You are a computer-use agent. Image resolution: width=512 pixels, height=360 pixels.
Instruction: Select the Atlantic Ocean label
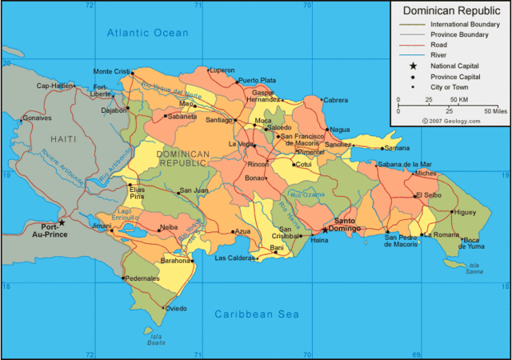(148, 33)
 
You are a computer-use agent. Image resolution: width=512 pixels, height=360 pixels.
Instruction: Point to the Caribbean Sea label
(256, 314)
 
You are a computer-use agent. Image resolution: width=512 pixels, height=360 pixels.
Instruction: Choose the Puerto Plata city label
(257, 80)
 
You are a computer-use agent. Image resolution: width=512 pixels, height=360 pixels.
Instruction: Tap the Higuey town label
(463, 212)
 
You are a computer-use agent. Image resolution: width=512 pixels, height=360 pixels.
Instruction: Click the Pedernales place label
(141, 278)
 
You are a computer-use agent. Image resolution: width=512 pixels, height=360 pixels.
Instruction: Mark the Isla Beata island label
(157, 340)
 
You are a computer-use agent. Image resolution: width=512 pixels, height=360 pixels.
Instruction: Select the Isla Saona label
(475, 268)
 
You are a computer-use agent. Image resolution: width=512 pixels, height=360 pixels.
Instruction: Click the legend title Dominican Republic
(450, 11)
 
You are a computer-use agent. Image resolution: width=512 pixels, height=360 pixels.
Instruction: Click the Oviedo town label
(176, 308)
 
